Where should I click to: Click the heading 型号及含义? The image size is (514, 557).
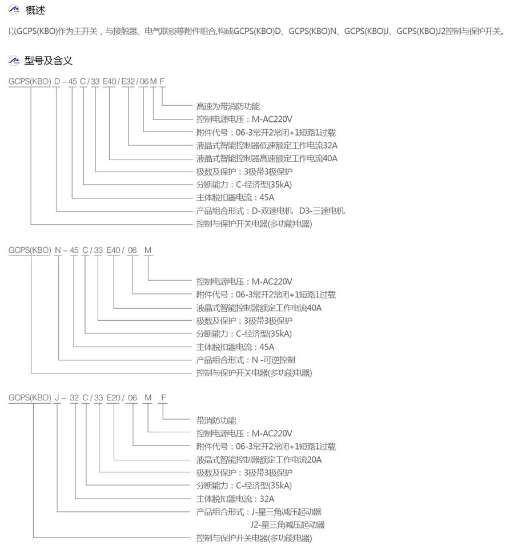tap(49, 61)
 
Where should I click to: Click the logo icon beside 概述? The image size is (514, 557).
tap(14, 10)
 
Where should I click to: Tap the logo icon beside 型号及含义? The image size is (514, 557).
tap(14, 61)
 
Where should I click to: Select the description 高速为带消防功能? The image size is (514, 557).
tap(228, 106)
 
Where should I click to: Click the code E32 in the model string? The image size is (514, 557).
tap(128, 81)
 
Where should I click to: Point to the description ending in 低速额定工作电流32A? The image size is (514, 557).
tap(267, 145)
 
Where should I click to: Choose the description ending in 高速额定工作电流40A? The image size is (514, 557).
tap(267, 158)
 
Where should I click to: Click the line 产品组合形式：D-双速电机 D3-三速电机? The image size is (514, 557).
tap(270, 210)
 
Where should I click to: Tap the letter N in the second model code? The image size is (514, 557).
tap(58, 250)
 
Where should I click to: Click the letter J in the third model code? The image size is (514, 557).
tap(57, 397)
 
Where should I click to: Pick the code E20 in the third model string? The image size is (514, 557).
tap(114, 397)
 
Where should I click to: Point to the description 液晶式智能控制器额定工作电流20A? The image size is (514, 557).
tap(259, 459)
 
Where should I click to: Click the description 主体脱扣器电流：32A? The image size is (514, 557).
tap(235, 498)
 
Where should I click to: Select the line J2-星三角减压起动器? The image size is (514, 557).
tap(287, 524)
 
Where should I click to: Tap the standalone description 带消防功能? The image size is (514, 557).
tap(216, 420)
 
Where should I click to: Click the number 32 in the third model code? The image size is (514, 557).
tap(74, 397)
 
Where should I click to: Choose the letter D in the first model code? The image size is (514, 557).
tap(57, 81)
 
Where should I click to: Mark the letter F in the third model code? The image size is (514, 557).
tap(163, 397)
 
